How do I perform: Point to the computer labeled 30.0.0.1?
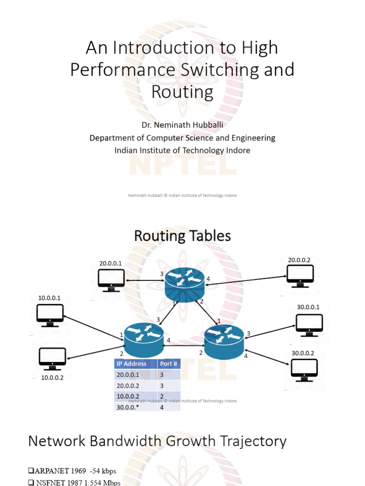[309, 325]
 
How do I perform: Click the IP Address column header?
[135, 364]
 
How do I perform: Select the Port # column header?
[169, 364]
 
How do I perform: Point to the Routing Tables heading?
[182, 236]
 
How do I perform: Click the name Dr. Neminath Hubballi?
[182, 125]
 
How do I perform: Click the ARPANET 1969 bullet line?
[72, 471]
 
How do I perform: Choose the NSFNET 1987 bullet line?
[75, 482]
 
